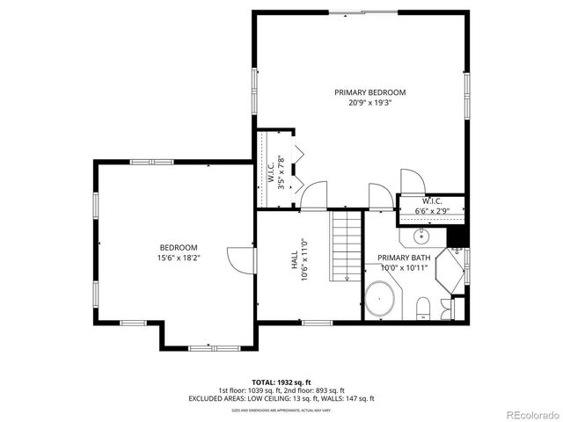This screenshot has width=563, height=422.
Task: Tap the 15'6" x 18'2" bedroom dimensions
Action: click(x=179, y=258)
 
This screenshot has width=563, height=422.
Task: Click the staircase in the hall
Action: click(x=347, y=246)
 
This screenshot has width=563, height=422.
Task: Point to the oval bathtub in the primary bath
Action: click(x=380, y=300)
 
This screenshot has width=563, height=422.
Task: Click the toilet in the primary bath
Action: click(x=422, y=306)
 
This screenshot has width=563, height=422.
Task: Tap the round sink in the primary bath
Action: click(x=422, y=236)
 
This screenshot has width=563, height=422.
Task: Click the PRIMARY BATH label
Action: click(x=404, y=258)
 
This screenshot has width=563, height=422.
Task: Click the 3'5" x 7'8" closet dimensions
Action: click(x=282, y=172)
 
